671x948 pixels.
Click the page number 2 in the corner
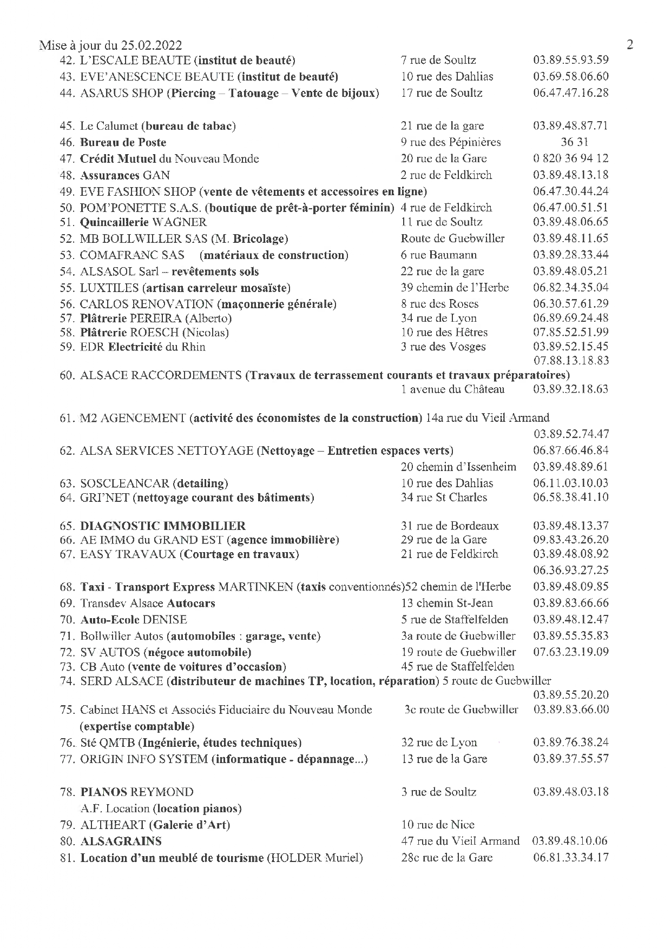629,44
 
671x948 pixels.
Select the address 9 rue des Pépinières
450,142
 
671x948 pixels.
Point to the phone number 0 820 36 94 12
570,159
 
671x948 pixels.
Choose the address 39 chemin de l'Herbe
455,288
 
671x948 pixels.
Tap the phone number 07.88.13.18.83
570,361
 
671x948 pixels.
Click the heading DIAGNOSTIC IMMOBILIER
162,526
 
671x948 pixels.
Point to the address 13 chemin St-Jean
447,604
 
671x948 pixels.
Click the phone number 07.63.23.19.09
570,652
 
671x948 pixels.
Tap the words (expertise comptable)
136,726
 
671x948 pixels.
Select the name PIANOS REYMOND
136,792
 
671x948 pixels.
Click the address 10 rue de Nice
437,825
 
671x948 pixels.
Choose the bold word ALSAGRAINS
121,841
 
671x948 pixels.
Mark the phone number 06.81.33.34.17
570,858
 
